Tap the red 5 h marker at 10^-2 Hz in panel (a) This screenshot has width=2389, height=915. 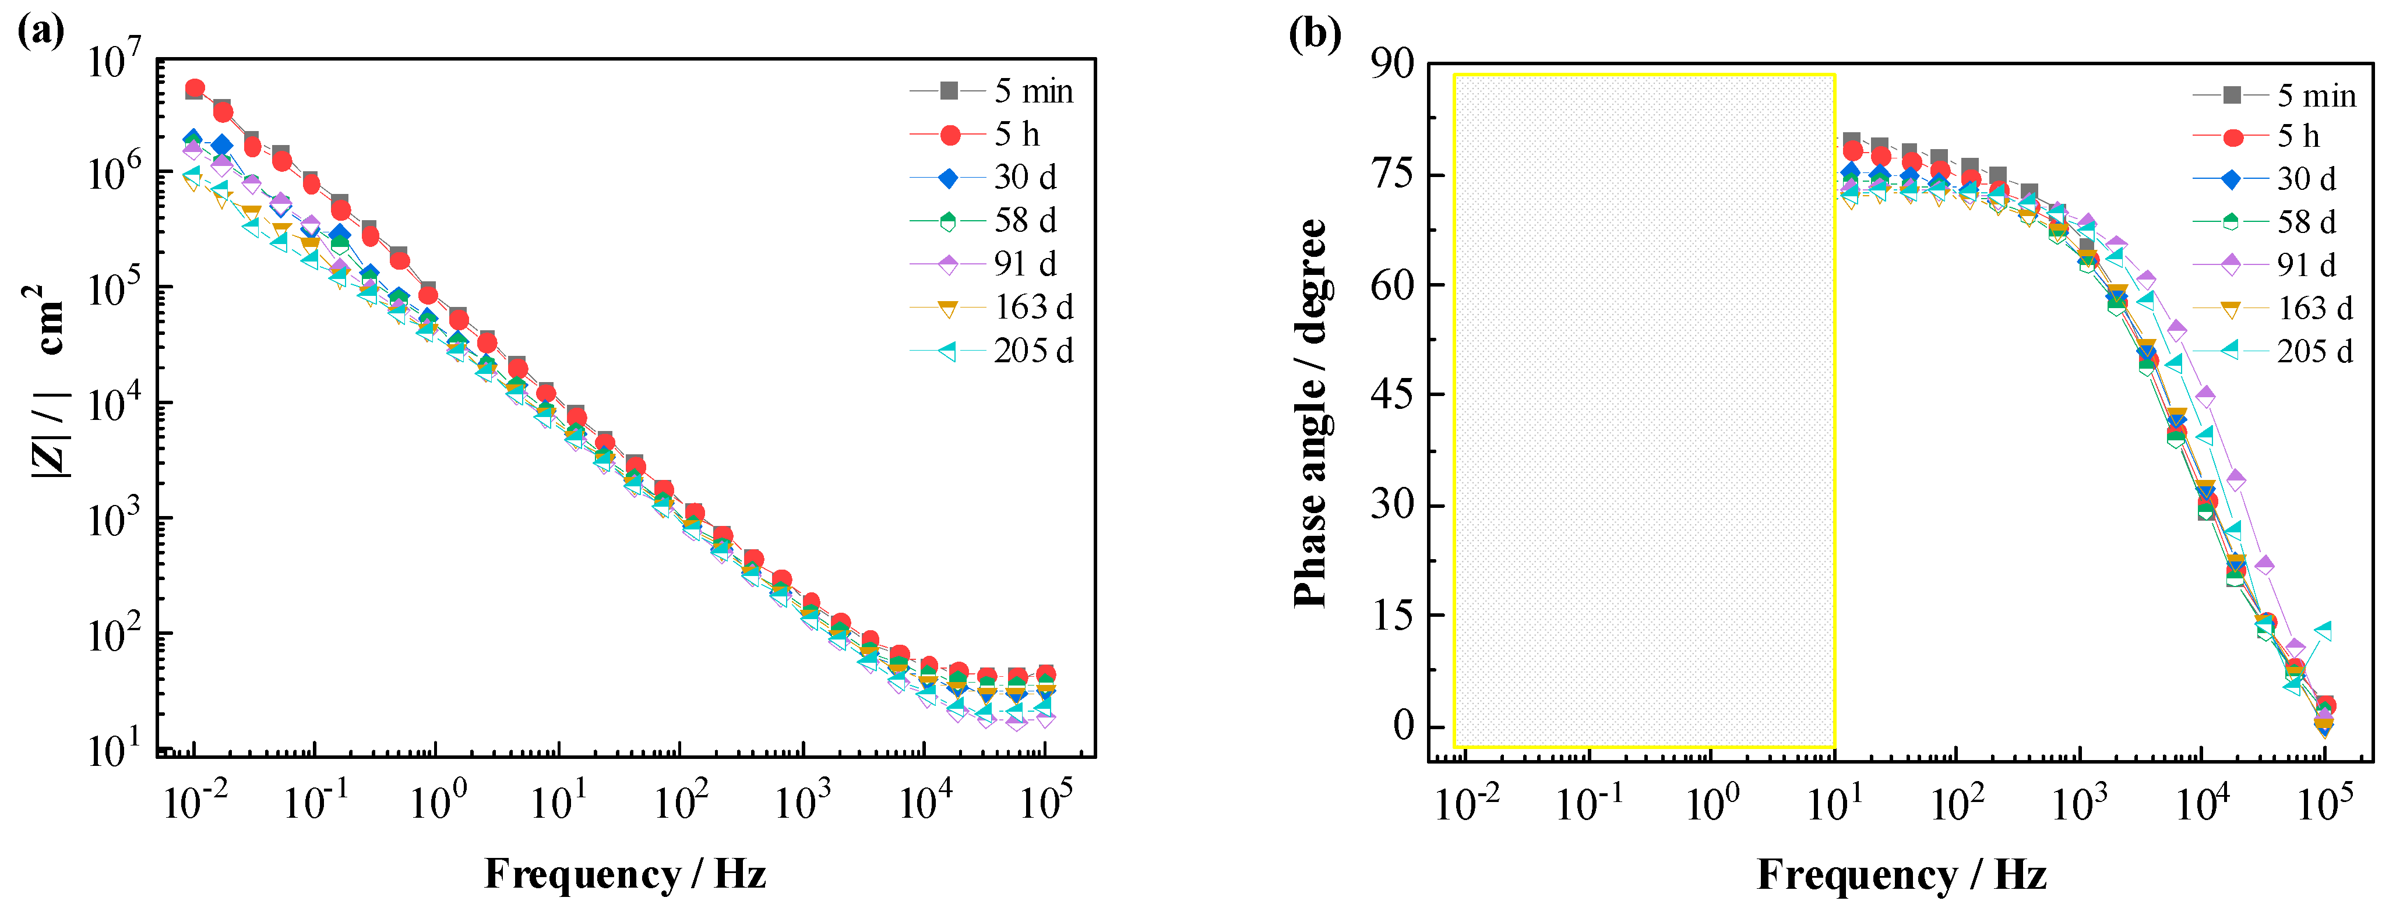pyautogui.click(x=195, y=89)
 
